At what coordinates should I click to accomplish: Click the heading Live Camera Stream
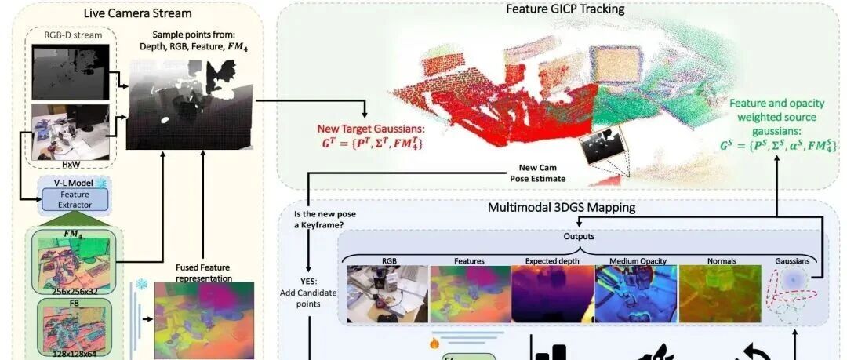137,13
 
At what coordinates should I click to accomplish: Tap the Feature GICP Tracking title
564,9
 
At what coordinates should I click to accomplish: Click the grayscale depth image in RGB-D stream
71,71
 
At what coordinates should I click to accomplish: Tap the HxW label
71,166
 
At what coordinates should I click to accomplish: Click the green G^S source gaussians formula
776,145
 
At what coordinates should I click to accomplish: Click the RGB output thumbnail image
387,292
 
